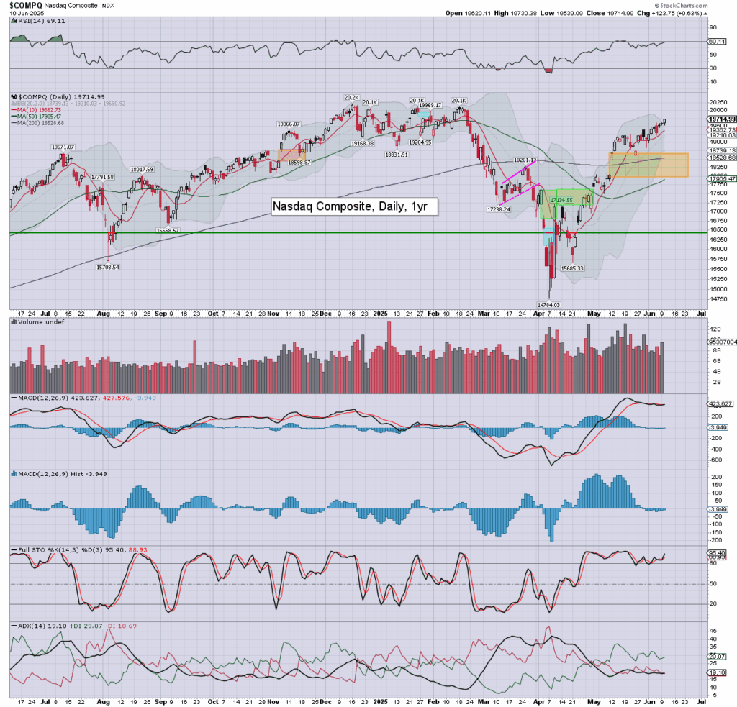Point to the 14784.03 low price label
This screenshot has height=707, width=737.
550,304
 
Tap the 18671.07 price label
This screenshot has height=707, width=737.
63,147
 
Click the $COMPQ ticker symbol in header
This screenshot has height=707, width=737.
24,4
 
